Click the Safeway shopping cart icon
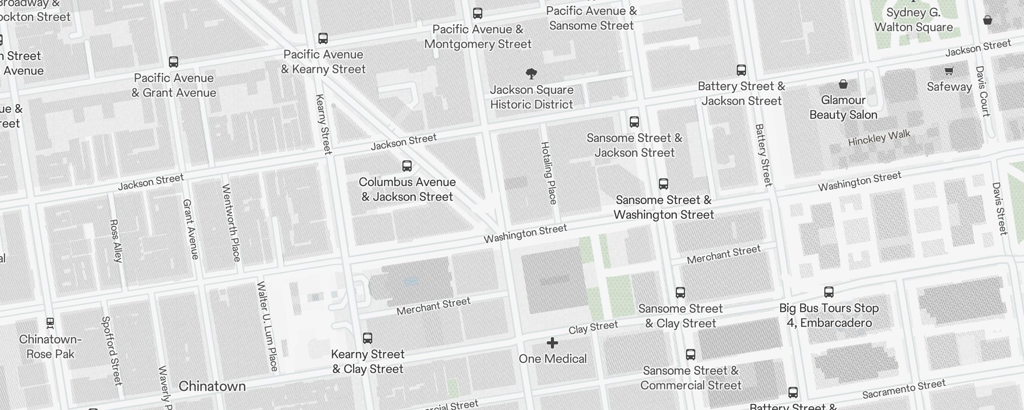coord(949,71)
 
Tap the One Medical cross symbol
coord(552,343)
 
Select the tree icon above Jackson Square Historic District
coord(531,74)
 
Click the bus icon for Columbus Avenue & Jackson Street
coord(407,166)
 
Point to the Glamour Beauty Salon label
coord(843,108)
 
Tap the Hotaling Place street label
coord(549,173)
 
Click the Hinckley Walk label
coord(879,138)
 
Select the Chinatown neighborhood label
coord(212,386)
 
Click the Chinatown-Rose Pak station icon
coord(50,323)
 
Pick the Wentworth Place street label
coord(231,222)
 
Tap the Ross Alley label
coord(116,241)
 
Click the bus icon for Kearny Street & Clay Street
coord(367,338)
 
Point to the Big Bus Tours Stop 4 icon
coord(829,292)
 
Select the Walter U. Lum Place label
coord(267,326)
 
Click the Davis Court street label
coord(983,91)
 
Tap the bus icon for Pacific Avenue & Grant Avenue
coord(174,62)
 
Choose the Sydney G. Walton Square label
coord(913,20)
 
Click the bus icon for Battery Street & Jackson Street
coord(741,70)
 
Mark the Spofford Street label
coord(112,351)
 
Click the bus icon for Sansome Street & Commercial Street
coord(690,355)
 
